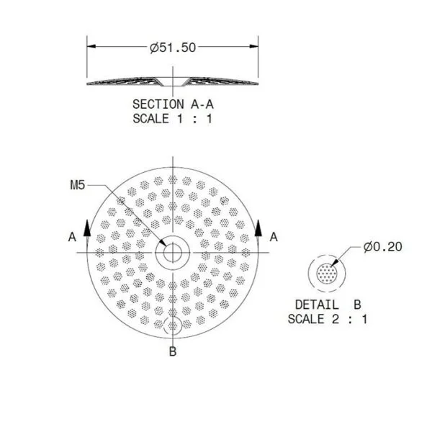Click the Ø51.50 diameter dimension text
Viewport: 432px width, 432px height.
pos(173,48)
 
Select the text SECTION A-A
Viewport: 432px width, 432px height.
pos(173,104)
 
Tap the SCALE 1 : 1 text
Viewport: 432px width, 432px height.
pos(173,119)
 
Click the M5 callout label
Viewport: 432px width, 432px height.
pos(78,186)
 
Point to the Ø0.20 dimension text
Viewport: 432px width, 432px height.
pos(382,247)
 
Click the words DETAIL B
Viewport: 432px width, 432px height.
pos(327,303)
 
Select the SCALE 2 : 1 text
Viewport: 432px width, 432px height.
pos(327,318)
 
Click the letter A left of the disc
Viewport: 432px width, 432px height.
pos(71,235)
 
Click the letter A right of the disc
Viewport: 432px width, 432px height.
pos(273,235)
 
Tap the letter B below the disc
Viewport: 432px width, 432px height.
pos(172,351)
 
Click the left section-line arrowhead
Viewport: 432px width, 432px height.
pos(87,226)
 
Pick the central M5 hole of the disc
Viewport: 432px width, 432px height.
pos(172,253)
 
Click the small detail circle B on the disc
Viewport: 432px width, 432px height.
pos(172,325)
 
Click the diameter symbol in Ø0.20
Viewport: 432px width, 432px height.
pos(367,247)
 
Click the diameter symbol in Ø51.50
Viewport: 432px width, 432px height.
pos(154,48)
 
